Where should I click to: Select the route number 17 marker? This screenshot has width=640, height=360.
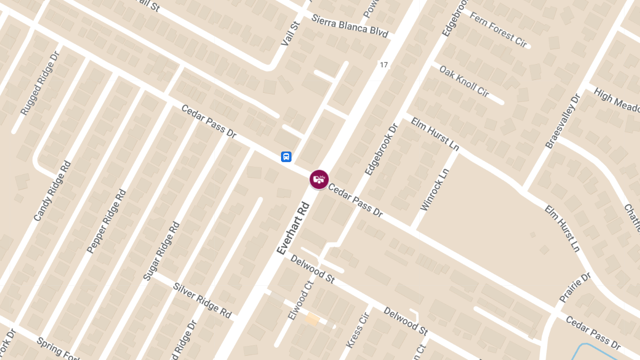pyautogui.click(x=383, y=65)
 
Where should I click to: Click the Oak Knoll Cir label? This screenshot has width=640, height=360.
pyautogui.click(x=463, y=81)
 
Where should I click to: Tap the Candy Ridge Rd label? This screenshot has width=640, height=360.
pyautogui.click(x=52, y=191)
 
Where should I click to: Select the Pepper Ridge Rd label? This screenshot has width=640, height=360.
pyautogui.click(x=107, y=221)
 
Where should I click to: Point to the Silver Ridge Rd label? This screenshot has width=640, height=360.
pyautogui.click(x=202, y=300)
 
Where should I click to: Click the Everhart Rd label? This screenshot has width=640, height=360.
pyautogui.click(x=293, y=228)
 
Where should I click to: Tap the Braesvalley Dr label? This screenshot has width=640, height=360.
pyautogui.click(x=562, y=122)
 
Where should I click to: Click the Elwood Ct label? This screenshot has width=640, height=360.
pyautogui.click(x=299, y=300)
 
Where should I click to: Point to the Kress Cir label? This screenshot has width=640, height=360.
pyautogui.click(x=357, y=330)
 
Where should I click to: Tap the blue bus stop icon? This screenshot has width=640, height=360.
pyautogui.click(x=286, y=157)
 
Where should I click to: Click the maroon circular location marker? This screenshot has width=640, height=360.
pyautogui.click(x=319, y=180)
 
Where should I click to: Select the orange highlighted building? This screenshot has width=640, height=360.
pyautogui.click(x=312, y=319)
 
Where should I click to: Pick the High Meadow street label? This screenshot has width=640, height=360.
pyautogui.click(x=617, y=100)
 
